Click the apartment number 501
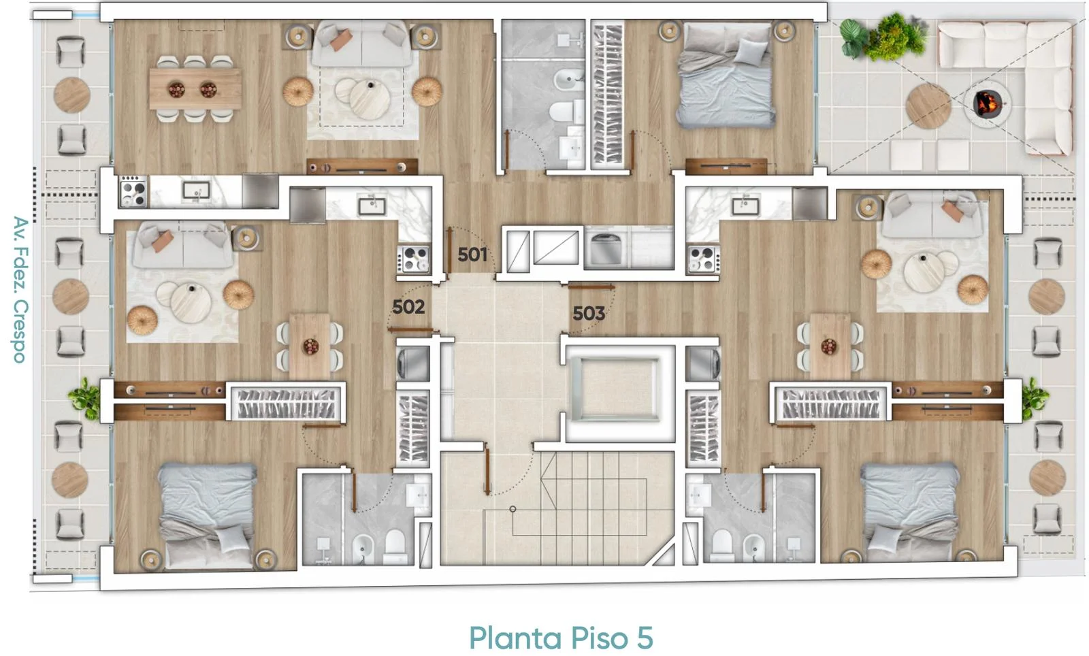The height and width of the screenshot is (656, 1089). click(x=472, y=255)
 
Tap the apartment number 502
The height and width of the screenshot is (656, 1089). click(x=408, y=307)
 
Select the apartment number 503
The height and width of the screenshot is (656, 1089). click(x=589, y=314)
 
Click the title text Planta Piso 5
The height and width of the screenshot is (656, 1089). click(x=561, y=638)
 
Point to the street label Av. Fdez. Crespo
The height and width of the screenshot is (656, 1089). click(x=20, y=290)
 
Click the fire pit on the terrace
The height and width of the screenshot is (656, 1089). click(x=988, y=103)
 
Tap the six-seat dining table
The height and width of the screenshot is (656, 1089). click(x=195, y=88)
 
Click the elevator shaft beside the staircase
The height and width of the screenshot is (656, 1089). click(x=618, y=389)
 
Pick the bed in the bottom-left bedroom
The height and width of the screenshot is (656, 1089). click(x=208, y=515)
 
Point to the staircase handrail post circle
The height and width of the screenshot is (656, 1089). click(x=513, y=509)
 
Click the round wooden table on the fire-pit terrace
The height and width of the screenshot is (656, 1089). click(x=928, y=106)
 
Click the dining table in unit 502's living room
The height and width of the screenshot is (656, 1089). click(x=310, y=346)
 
